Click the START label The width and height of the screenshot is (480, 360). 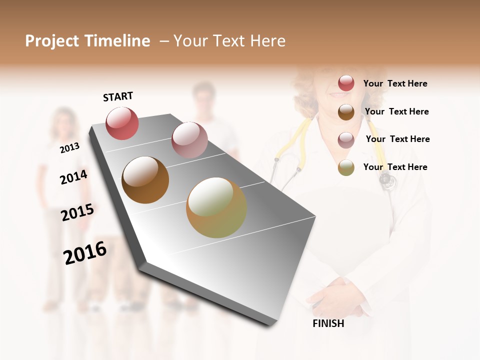point(118,96)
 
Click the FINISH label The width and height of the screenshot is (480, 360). point(328,323)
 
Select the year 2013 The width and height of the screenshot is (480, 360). point(69,147)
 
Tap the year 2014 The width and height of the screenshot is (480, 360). point(73,177)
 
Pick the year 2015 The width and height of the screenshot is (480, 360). point(77,212)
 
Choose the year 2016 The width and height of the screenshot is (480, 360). point(85,252)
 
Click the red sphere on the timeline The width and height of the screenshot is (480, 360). point(122,123)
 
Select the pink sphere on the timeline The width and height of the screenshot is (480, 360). point(189,140)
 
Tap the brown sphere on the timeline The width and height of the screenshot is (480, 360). point(145,180)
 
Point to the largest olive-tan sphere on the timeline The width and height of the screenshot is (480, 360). point(216,207)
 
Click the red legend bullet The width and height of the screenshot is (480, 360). point(346,83)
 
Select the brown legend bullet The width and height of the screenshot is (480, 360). point(346,112)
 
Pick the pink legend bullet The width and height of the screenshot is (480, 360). point(346,140)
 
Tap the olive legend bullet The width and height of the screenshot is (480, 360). point(346,167)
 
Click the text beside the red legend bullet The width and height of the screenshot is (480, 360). point(395,83)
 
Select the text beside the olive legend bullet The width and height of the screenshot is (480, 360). point(395,167)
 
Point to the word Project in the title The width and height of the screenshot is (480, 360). point(52,41)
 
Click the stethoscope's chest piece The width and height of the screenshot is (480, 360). point(387,180)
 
